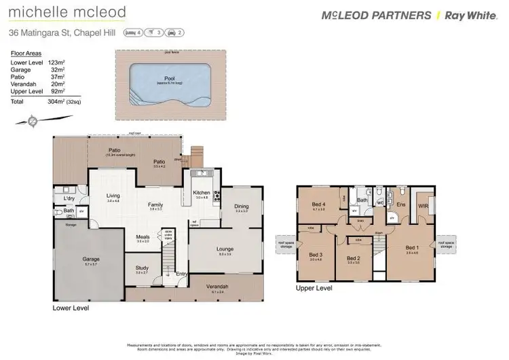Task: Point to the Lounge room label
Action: (x=225, y=249)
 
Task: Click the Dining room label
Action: (x=242, y=206)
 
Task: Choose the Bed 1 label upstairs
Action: (x=412, y=248)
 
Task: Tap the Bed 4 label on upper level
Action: (x=319, y=204)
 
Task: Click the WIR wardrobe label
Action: (x=422, y=204)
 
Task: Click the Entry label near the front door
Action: (x=181, y=274)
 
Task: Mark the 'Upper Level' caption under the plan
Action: (x=314, y=288)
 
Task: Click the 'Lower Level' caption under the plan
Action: (x=71, y=308)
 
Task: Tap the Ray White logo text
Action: (x=474, y=16)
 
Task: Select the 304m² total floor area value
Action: (x=48, y=101)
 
